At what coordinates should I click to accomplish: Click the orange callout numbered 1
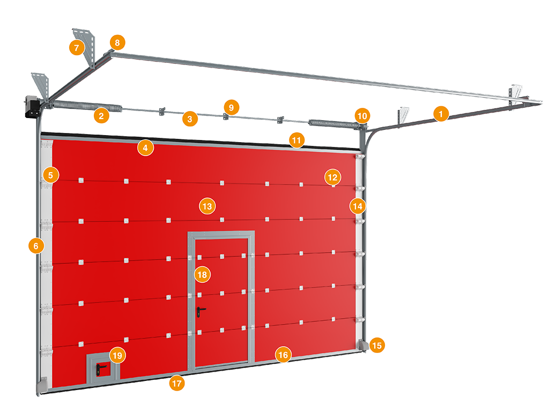[x=441, y=114]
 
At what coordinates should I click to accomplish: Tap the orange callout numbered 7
[x=77, y=47]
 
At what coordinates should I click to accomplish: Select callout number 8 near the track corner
[x=117, y=42]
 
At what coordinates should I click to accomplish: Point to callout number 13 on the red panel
[x=207, y=206]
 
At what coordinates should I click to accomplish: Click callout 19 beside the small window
[x=117, y=355]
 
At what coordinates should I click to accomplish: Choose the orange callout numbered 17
[x=177, y=383]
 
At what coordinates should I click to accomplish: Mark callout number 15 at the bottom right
[x=377, y=345]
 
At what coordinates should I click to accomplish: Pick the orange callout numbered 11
[x=296, y=140]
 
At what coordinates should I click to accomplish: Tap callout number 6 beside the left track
[x=36, y=246]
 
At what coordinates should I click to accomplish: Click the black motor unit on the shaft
[x=32, y=108]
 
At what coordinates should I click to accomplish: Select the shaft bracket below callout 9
[x=226, y=116]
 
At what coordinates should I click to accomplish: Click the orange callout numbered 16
[x=283, y=355]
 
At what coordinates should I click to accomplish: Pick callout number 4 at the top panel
[x=145, y=148]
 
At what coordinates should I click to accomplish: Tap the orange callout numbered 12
[x=332, y=177]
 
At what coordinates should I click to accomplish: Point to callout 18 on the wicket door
[x=202, y=274]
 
